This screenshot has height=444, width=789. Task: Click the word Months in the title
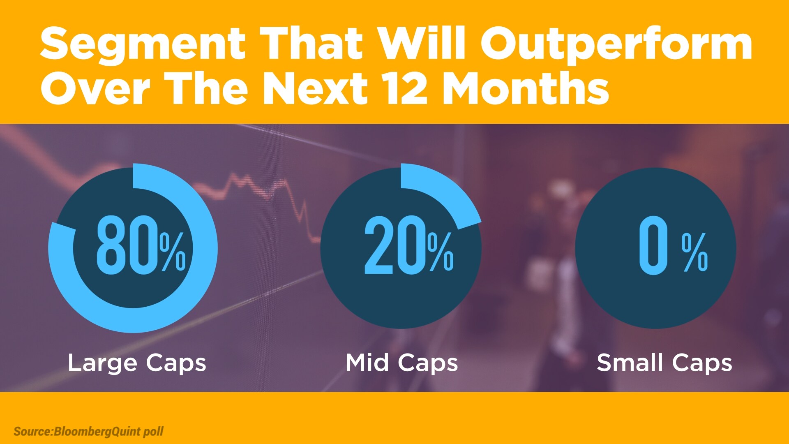point(526,88)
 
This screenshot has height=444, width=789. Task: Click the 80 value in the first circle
point(127,245)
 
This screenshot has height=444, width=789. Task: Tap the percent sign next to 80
point(173,252)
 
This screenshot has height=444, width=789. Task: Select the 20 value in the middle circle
point(395,245)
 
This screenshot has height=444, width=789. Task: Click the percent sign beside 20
point(441,252)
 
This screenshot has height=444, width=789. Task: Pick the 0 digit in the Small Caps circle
point(653,245)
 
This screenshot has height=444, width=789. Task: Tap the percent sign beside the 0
point(695,252)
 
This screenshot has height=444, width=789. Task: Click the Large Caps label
point(137,363)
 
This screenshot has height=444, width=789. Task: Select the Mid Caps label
point(401,363)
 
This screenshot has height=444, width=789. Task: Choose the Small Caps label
point(664,363)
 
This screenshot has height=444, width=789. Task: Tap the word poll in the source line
point(153,432)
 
